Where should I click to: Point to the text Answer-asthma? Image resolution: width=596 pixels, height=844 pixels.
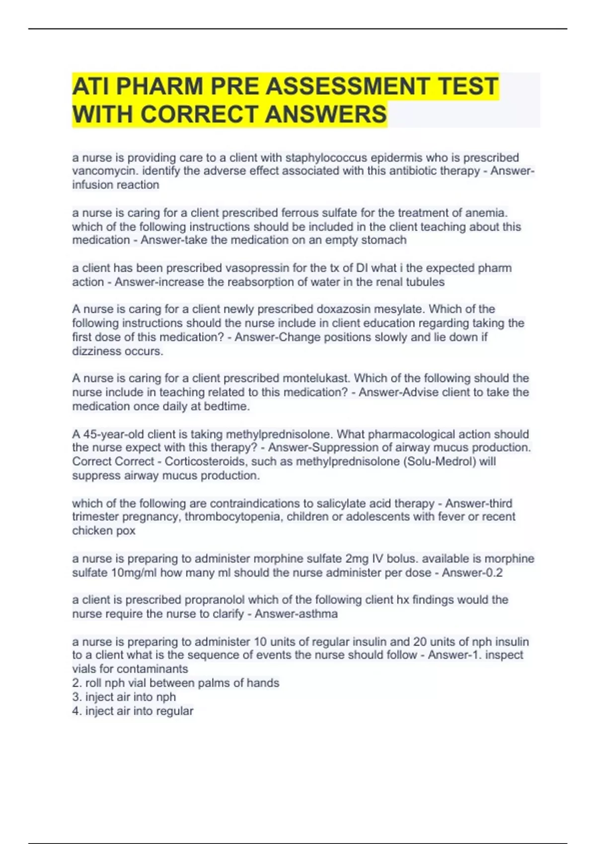(296, 614)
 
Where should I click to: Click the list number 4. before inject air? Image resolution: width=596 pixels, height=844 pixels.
(77, 711)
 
